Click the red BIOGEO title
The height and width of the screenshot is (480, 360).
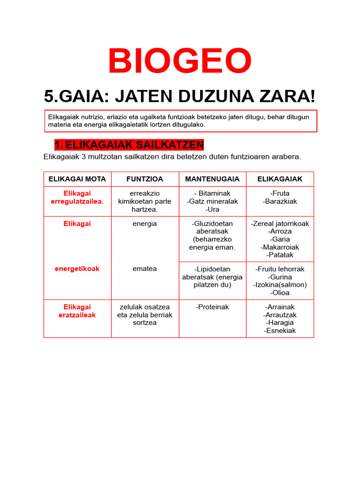pos(180,62)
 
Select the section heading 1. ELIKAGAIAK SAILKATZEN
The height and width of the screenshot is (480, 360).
pos(129,144)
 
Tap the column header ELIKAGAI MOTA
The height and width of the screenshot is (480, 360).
pos(77,179)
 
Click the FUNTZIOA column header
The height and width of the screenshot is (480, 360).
pos(144,179)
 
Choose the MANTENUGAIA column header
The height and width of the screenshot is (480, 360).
pos(212,179)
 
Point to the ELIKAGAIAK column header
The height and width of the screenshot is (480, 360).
pos(280,179)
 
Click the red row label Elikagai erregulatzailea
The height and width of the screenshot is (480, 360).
pos(77,197)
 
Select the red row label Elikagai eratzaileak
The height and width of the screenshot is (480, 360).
pos(77,311)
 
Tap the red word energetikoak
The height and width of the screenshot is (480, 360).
pos(77,269)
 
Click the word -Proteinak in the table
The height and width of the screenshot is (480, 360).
pos(212,307)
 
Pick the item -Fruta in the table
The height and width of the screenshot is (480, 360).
pos(280,193)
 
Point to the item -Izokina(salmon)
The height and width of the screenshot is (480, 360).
pos(280,285)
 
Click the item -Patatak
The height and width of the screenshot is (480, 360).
pos(280,255)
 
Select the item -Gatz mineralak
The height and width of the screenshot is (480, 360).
pos(212,201)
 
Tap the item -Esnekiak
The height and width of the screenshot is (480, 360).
pos(280,330)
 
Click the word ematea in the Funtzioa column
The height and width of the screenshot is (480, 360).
pos(144,269)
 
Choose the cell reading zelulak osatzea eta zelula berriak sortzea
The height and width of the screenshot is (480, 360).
pos(144,315)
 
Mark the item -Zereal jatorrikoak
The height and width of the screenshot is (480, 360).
pos(280,224)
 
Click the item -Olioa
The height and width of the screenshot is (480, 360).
pos(280,292)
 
